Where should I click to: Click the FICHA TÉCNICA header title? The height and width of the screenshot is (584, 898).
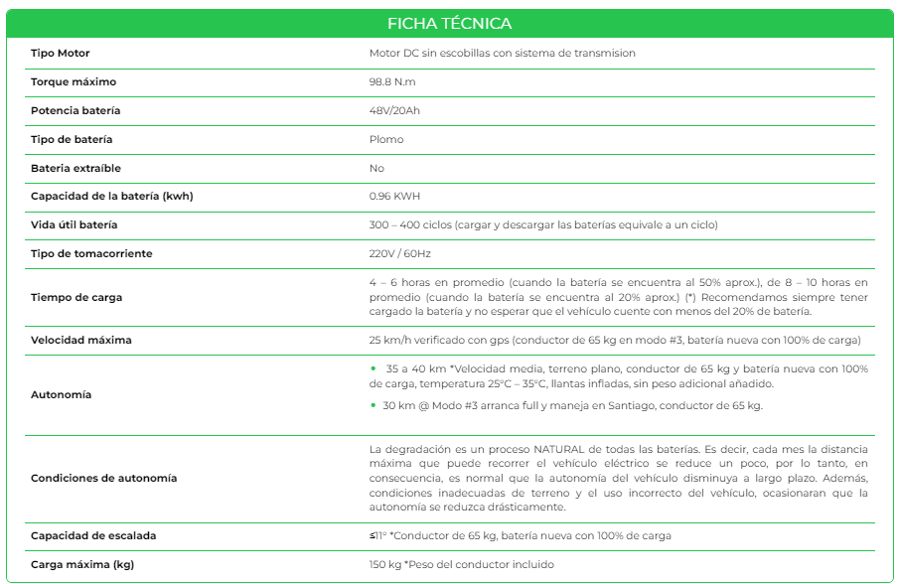450,23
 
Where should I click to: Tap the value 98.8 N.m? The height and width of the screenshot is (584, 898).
391,81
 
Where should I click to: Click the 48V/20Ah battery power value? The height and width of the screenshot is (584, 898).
394,110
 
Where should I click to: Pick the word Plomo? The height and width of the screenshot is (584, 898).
386,139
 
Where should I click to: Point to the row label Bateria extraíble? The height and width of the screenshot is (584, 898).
75,168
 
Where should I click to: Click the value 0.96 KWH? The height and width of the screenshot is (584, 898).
394,196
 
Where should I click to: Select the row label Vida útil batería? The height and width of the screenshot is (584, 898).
74,224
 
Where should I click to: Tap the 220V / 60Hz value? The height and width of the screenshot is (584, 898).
399,253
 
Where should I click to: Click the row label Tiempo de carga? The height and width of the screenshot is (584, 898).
76,297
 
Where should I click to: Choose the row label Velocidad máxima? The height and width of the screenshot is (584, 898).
80,340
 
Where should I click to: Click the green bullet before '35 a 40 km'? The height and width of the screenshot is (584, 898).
373,368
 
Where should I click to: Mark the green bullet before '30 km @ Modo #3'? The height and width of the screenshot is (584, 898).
373,404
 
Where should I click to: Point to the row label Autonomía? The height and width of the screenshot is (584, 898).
61,394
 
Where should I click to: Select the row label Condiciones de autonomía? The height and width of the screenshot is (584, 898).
103,478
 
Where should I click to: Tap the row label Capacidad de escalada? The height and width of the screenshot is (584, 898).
93,535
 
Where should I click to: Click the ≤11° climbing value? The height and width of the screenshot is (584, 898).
377,535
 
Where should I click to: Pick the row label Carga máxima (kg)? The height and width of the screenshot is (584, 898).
82,564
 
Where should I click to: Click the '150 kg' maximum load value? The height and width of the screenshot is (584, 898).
384,564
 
